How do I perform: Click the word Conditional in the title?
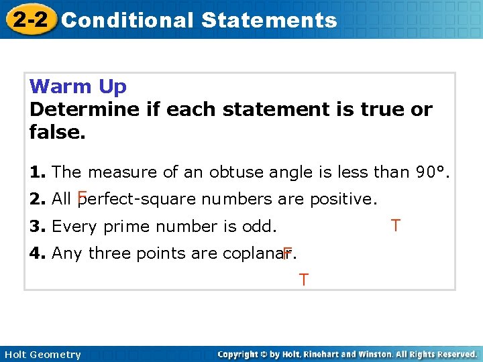(127, 20)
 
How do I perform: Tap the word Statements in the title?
(268, 20)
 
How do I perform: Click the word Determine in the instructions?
(85, 109)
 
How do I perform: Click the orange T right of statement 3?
(396, 226)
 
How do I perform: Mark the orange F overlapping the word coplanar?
(287, 253)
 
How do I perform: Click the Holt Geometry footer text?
(42, 355)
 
